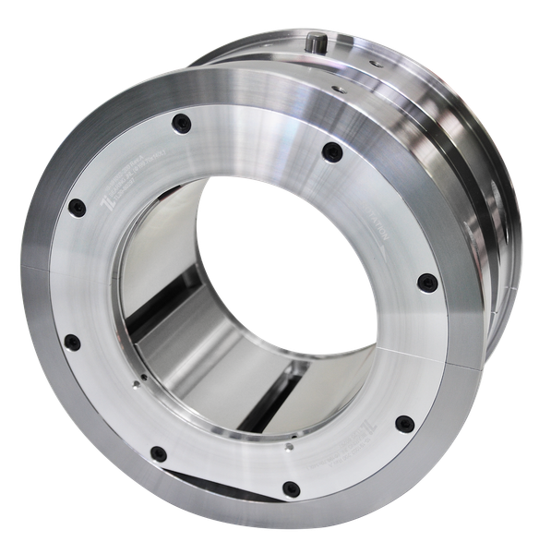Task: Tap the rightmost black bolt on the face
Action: (425, 283)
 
